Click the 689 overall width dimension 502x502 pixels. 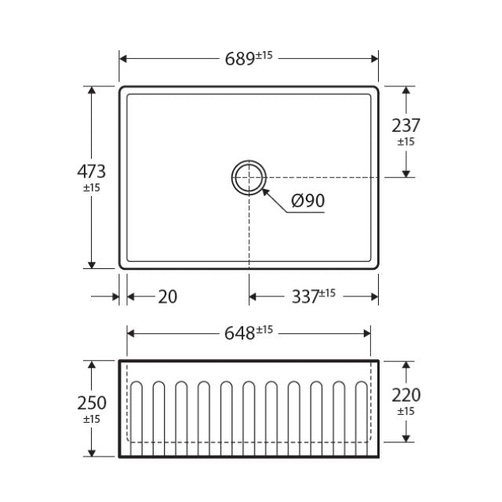click(238, 58)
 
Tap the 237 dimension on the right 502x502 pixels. click(406, 125)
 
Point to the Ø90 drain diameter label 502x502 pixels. click(307, 201)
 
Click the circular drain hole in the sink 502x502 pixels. click(249, 176)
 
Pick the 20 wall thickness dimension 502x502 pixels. click(167, 296)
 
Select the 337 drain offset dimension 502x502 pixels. click(304, 296)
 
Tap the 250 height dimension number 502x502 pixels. click(91, 402)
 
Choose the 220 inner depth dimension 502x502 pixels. click(406, 395)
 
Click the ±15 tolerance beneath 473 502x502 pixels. click(91, 188)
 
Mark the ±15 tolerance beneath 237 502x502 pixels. click(406, 142)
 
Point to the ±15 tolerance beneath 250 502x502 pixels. click(91, 419)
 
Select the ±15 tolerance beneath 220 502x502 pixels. click(406, 412)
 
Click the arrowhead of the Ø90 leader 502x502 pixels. click(264, 189)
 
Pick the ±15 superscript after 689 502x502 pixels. click(264, 55)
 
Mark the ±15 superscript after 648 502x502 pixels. click(264, 329)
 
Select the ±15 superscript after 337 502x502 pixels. click(327, 293)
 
